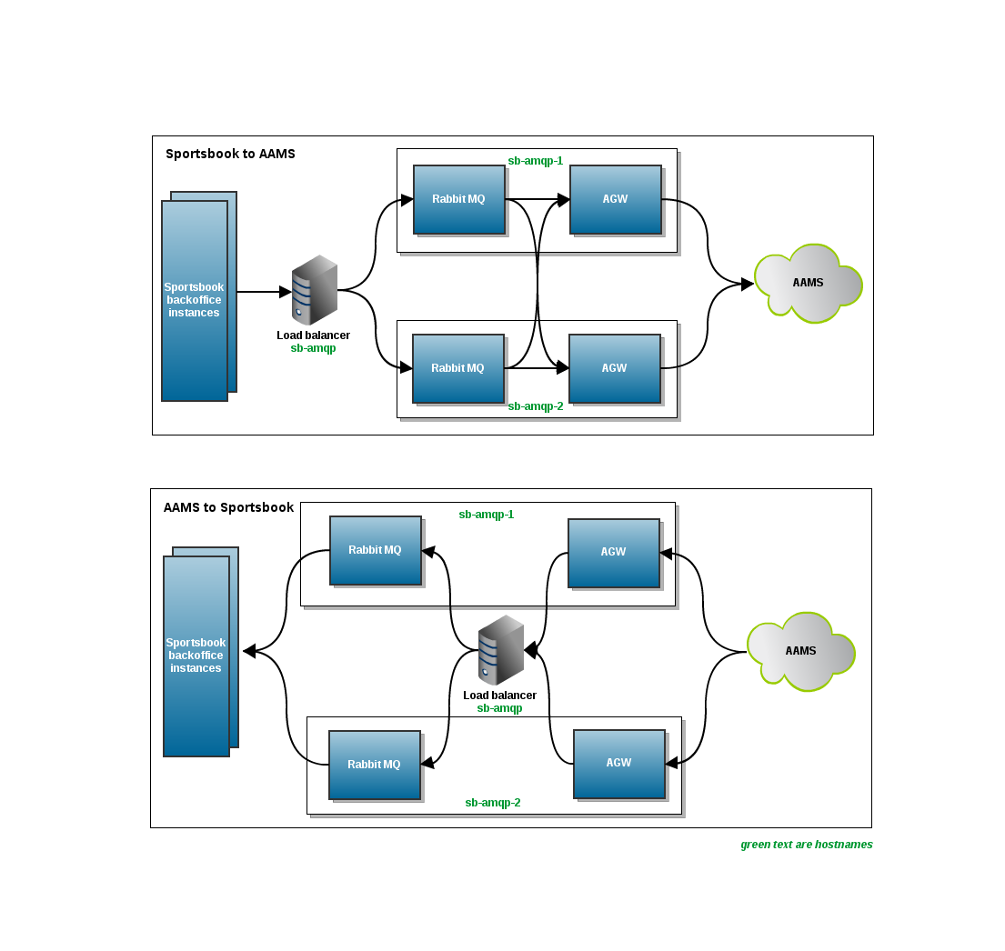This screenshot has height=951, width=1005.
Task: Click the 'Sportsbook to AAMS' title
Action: pyautogui.click(x=230, y=154)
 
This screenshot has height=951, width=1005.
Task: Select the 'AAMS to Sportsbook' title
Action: pyautogui.click(x=228, y=507)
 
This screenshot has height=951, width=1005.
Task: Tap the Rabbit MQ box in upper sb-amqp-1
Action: pyautogui.click(x=458, y=199)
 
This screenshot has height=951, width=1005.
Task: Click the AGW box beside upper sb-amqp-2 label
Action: pyautogui.click(x=614, y=368)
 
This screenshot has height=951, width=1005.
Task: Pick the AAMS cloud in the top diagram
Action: pyautogui.click(x=808, y=283)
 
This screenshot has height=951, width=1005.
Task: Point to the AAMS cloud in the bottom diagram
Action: pyautogui.click(x=800, y=651)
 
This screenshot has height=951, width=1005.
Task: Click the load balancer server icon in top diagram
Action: pyautogui.click(x=314, y=291)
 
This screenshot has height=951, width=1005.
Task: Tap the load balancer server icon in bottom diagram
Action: pyautogui.click(x=500, y=650)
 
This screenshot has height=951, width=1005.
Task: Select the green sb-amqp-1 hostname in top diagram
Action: pyautogui.click(x=535, y=161)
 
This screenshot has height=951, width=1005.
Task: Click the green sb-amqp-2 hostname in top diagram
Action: pyautogui.click(x=535, y=406)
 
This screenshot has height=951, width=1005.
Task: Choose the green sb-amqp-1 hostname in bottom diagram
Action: pyautogui.click(x=486, y=515)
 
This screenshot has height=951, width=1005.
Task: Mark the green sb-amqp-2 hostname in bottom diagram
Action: pyautogui.click(x=492, y=803)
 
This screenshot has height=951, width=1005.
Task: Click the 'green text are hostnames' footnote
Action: pyautogui.click(x=806, y=845)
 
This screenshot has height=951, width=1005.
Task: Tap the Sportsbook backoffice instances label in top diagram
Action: pyautogui.click(x=194, y=300)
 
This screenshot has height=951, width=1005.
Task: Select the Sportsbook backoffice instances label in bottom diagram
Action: pyautogui.click(x=196, y=656)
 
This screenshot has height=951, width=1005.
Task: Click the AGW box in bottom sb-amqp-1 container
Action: pyautogui.click(x=613, y=553)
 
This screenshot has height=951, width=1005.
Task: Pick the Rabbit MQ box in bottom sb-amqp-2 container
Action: pyautogui.click(x=374, y=765)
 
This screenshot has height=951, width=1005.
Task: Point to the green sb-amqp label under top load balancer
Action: pyautogui.click(x=313, y=348)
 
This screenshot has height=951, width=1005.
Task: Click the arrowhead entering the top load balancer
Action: pyautogui.click(x=285, y=292)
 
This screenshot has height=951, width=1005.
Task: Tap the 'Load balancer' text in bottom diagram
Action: pyautogui.click(x=499, y=696)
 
